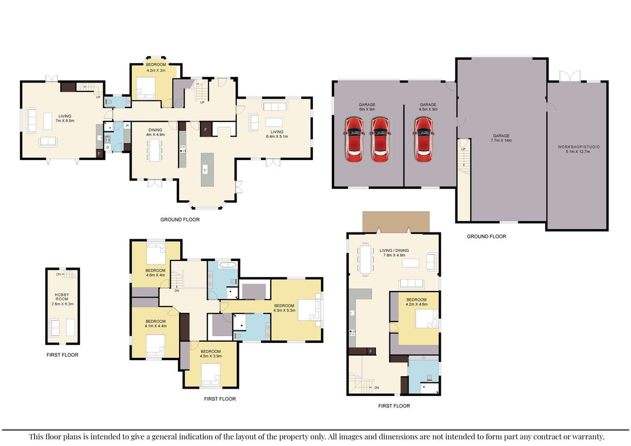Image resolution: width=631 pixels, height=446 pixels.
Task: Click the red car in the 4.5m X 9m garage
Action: pyautogui.click(x=423, y=139)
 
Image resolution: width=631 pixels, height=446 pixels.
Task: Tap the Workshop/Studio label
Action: pyautogui.click(x=579, y=149)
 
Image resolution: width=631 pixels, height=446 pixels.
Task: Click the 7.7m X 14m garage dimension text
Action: pyautogui.click(x=501, y=140)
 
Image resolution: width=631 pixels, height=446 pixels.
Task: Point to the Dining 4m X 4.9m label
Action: pyautogui.click(x=155, y=132)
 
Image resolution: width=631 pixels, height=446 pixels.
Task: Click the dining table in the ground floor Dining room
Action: pyautogui.click(x=155, y=150)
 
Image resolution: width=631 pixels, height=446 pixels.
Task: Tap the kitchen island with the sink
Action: pyautogui.click(x=207, y=169)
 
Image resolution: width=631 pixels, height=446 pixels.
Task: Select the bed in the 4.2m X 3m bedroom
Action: pyautogui.click(x=146, y=88)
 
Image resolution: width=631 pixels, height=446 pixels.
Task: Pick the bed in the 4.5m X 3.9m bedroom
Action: pyautogui.click(x=211, y=374)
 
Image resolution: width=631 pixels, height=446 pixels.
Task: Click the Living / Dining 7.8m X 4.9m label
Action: pyautogui.click(x=394, y=253)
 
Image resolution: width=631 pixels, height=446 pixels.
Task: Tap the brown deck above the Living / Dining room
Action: pyautogui.click(x=396, y=222)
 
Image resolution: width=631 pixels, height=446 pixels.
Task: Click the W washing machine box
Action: pyautogui.click(x=127, y=125)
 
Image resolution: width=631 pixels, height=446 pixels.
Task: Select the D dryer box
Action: pyautogui.click(x=108, y=148)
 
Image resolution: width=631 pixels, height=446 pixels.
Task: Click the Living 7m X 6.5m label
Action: pyautogui.click(x=65, y=118)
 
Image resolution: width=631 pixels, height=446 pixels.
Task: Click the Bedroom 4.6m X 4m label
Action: pyautogui.click(x=155, y=273)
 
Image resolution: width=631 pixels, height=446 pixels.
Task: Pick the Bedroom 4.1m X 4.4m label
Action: pyautogui.click(x=155, y=324)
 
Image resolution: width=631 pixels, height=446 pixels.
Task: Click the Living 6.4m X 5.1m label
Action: pyautogui.click(x=277, y=134)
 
